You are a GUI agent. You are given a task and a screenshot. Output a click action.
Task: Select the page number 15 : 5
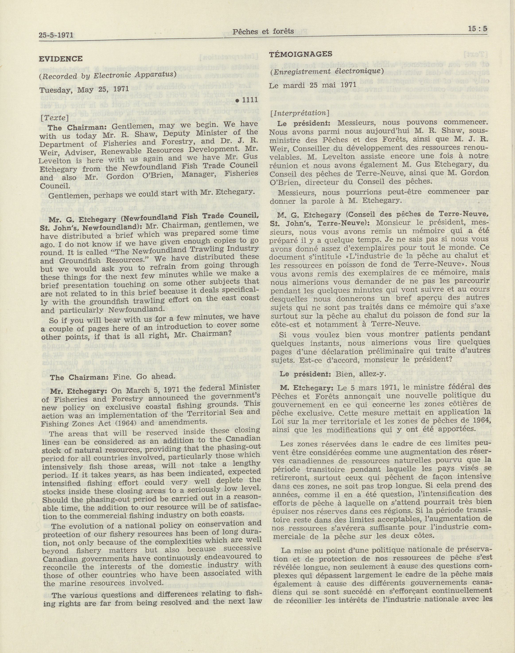click(478, 29)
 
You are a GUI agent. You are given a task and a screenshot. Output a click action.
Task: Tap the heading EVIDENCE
click(61, 59)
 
